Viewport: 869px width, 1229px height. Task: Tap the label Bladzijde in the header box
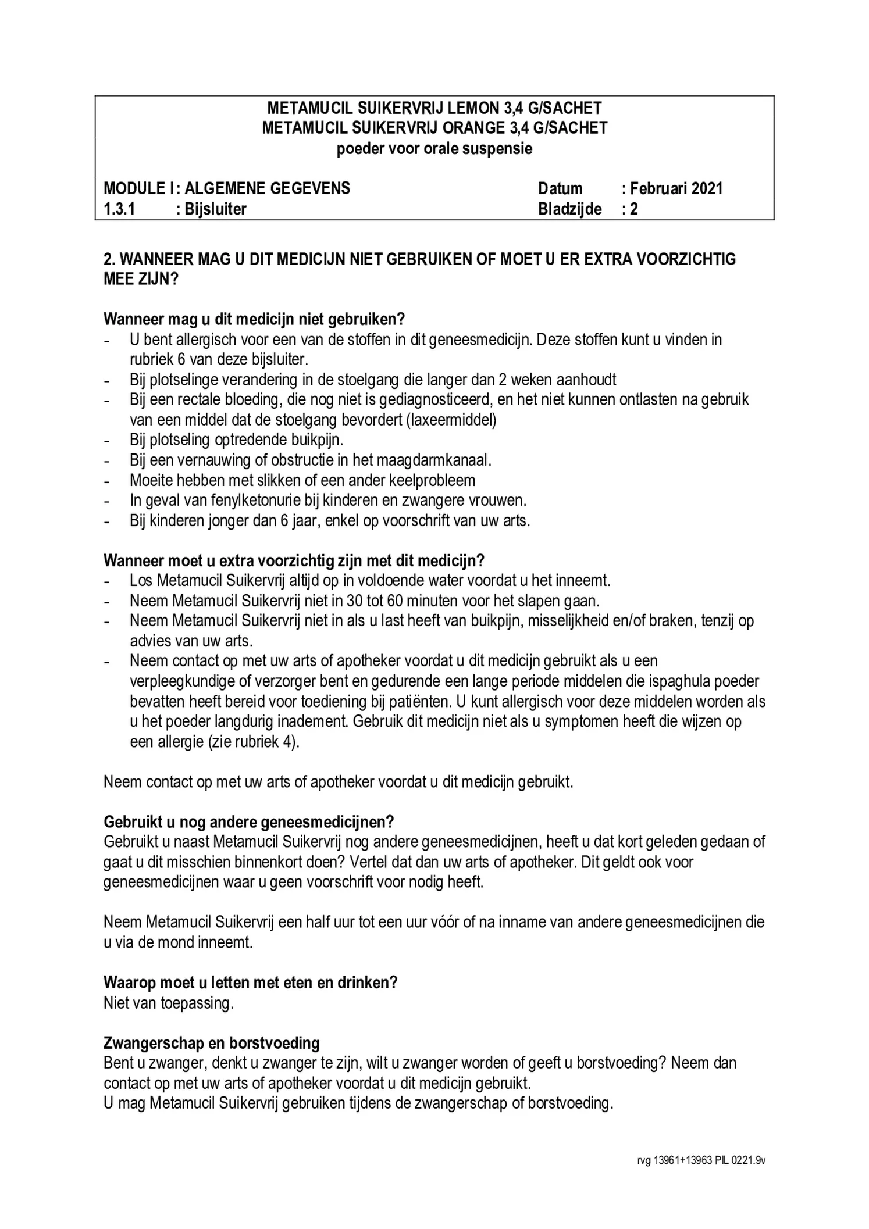[569, 209]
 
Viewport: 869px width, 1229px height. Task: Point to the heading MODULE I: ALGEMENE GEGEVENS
[227, 188]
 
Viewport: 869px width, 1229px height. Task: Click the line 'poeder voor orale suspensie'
[434, 148]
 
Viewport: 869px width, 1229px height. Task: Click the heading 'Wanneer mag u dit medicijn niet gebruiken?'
[254, 319]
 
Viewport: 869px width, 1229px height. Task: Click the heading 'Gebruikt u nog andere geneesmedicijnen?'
[249, 821]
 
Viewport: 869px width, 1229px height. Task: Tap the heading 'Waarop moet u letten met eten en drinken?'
[251, 983]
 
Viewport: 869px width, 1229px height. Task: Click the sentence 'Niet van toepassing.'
[169, 1003]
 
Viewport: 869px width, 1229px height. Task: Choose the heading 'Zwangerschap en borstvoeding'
[212, 1043]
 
